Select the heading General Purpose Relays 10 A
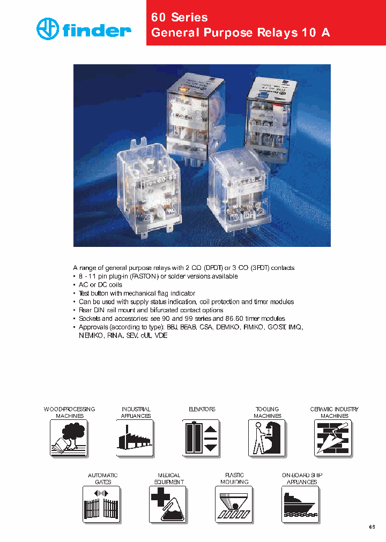point(241,33)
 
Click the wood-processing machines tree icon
point(69,438)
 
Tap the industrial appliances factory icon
point(135,438)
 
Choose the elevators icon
point(201,438)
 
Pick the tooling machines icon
point(267,438)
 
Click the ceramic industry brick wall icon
point(333,438)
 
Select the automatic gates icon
point(102,504)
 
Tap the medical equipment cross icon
point(168,504)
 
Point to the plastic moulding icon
point(234,504)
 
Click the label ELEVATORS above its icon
point(202,409)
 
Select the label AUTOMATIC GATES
point(102,479)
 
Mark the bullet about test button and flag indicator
point(137,293)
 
